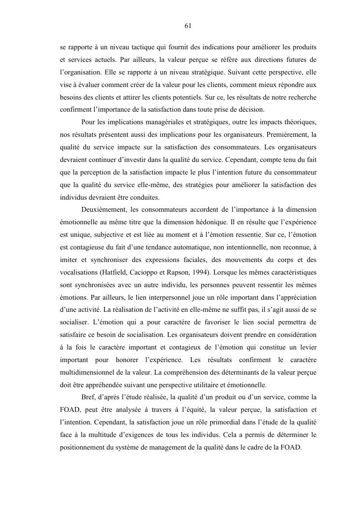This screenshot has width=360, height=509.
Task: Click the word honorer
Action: pyautogui.click(x=127, y=360)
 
